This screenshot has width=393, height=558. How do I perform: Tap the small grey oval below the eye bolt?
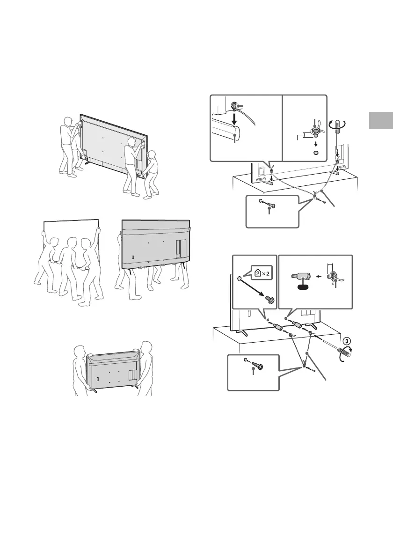pyautogui.click(x=316, y=153)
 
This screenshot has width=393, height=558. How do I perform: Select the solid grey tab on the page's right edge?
pyautogui.click(x=380, y=121)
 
